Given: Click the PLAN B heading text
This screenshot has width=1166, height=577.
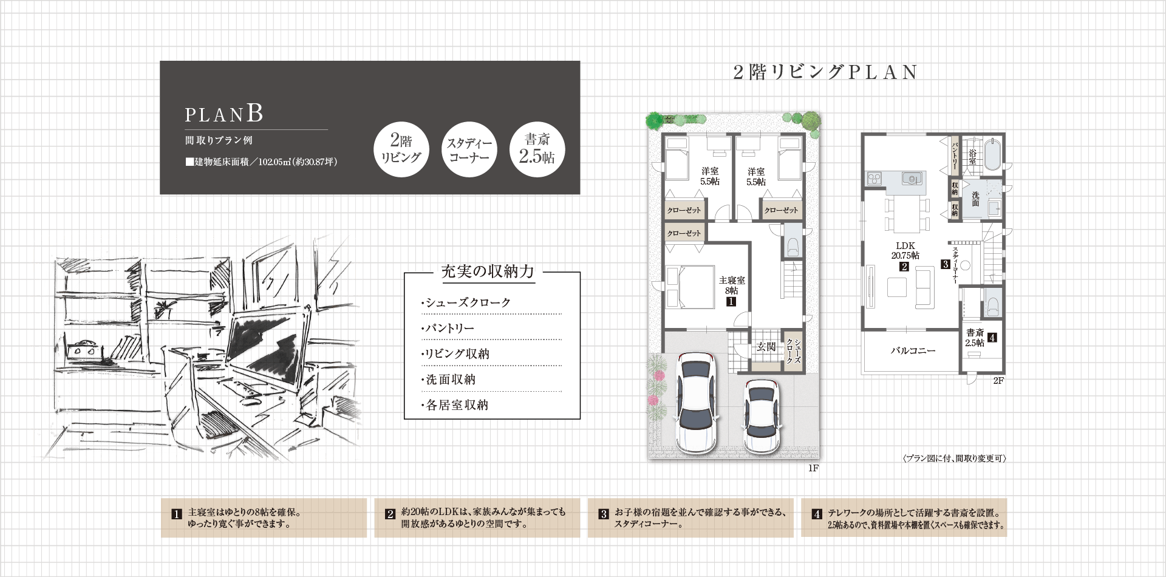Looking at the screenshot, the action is [x=223, y=114].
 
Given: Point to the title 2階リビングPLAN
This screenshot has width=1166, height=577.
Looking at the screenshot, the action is [x=825, y=72].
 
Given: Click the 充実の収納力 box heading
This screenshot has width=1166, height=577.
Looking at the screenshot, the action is [x=488, y=271].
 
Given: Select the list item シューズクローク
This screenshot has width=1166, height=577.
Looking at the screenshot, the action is [x=466, y=302].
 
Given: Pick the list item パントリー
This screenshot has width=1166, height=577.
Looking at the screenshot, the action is [x=448, y=329].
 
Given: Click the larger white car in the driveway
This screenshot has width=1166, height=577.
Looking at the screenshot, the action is [x=696, y=403].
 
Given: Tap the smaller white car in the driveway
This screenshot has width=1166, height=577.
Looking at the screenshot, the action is [x=762, y=416].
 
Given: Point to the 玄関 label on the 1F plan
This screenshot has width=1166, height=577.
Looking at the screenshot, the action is [x=766, y=347].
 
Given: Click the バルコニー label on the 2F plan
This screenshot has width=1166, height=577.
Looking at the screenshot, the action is [x=913, y=350].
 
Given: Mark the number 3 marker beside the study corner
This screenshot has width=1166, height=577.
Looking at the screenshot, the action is [x=945, y=265].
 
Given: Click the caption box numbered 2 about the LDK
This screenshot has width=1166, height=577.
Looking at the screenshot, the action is [x=478, y=517].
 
